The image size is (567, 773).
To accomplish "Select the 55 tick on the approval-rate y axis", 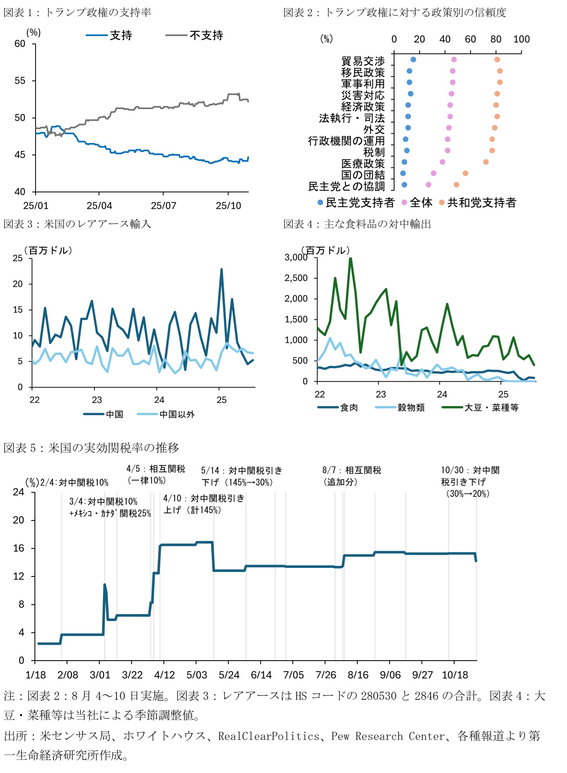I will pos(20,81).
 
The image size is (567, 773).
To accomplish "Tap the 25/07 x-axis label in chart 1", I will pos(164,206).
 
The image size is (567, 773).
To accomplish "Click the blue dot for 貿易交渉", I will pos(413,60).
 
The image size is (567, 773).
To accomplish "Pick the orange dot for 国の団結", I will pos(465,173).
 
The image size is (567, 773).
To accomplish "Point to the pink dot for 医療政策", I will pos(442,162).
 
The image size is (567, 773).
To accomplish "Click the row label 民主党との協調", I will pos(346,186).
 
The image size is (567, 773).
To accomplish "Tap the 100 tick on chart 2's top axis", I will pos(521,39).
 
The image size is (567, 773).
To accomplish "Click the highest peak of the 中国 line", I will pos(222,270).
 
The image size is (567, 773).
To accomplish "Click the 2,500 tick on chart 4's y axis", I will pos(296,278).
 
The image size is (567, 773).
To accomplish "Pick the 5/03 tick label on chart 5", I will pos(197,675).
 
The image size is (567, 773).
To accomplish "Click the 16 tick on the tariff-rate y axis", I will pos(19,548).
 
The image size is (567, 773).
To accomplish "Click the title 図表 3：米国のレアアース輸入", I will pos(77,224).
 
